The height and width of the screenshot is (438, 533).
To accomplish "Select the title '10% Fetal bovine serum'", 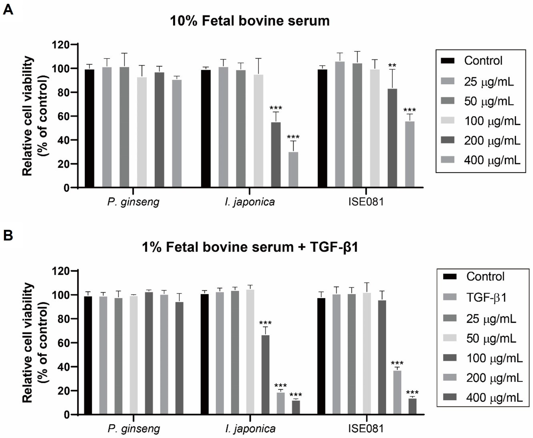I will pos(250,21).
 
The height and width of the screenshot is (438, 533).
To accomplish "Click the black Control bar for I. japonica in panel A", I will pos(206,129).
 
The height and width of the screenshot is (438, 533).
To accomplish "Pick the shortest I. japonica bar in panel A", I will pos(293,170).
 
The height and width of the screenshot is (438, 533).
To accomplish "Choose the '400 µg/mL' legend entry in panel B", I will pos(494,398).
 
